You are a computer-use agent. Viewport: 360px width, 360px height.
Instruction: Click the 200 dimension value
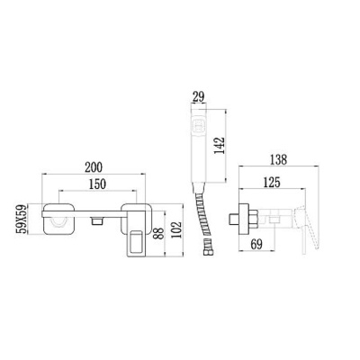pyautogui.click(x=94, y=167)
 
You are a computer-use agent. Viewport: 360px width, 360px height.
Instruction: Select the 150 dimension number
pyautogui.click(x=97, y=184)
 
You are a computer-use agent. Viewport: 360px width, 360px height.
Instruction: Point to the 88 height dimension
pyautogui.click(x=158, y=233)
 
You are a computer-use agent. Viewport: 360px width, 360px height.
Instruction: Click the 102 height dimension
pyautogui.click(x=176, y=229)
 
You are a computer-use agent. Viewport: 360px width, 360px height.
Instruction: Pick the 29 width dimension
pyautogui.click(x=198, y=96)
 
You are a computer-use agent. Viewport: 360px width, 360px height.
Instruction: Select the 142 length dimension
pyautogui.click(x=220, y=146)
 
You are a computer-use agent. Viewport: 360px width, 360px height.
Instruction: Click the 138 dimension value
pyautogui.click(x=278, y=159)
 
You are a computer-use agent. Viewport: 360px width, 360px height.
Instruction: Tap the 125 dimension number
pyautogui.click(x=271, y=183)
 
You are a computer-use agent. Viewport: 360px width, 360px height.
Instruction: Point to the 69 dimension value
pyautogui.click(x=256, y=245)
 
